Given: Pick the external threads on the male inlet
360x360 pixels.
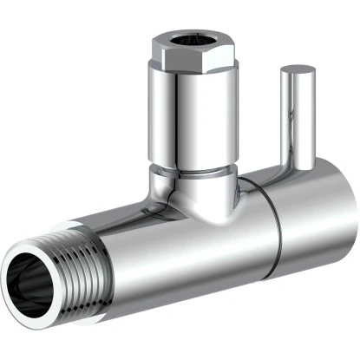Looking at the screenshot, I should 65,269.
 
